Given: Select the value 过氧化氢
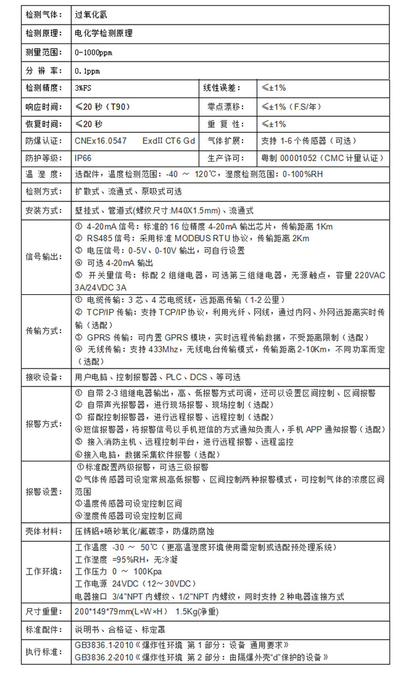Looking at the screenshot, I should (x=92, y=15).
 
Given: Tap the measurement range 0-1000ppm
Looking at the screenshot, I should (x=93, y=52).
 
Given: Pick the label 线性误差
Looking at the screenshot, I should (x=222, y=88).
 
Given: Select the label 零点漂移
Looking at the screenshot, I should (x=222, y=107).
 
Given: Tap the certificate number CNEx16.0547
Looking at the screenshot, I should (x=101, y=141).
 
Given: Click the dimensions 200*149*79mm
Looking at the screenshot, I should (x=106, y=612).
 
